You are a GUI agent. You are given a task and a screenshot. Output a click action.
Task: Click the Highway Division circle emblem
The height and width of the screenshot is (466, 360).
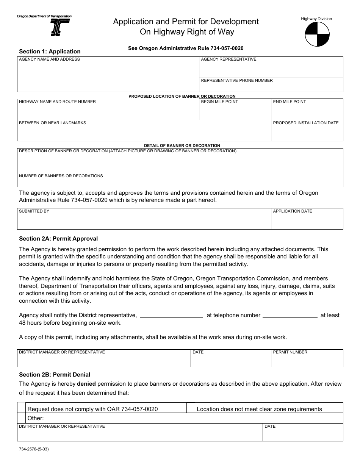(317, 34)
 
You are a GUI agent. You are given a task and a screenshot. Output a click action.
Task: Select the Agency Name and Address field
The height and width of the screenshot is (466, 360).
(108, 76)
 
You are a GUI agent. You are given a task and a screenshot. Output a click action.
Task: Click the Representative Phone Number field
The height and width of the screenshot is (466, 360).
(271, 86)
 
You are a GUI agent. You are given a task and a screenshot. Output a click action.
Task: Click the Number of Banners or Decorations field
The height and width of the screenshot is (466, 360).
(180, 182)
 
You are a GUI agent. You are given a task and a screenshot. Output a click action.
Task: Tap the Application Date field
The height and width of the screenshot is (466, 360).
(307, 221)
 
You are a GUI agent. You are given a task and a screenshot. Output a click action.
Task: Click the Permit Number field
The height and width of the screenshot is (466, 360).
(307, 360)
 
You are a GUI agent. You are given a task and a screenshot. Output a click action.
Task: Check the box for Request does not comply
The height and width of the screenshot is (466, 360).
(22, 408)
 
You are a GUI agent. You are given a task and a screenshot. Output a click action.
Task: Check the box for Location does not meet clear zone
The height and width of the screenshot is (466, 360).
(191, 407)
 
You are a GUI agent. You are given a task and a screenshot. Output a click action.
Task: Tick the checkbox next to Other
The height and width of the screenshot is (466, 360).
(22, 418)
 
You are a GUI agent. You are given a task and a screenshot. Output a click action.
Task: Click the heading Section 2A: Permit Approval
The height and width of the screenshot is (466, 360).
(58, 239)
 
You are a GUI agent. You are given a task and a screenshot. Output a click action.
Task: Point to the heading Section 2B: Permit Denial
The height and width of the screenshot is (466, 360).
(55, 375)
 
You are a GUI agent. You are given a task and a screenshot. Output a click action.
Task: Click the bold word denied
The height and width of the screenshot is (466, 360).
(86, 384)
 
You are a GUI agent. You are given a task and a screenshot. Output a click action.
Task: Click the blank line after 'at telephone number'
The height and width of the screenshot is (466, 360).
(290, 315)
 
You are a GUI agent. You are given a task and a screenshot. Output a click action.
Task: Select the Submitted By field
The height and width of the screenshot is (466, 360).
(144, 221)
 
